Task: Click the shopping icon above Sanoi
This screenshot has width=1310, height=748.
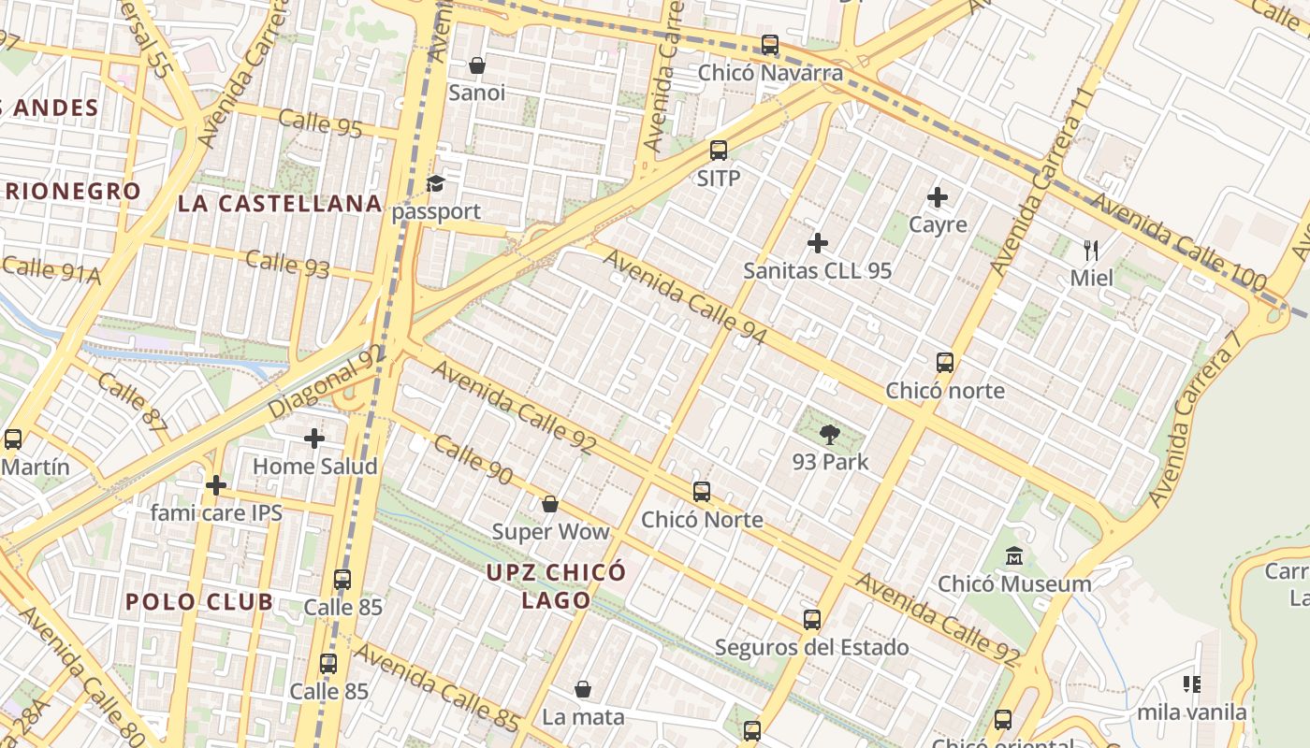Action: [477, 65]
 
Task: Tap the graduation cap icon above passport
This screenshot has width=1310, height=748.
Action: [435, 183]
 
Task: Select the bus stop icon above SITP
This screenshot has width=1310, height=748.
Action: [719, 150]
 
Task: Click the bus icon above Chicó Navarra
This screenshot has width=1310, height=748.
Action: [770, 44]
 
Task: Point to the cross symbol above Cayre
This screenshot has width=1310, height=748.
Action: [938, 197]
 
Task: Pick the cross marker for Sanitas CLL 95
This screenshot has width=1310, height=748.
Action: [818, 243]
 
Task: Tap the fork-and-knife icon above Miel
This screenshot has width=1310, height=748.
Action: [1090, 250]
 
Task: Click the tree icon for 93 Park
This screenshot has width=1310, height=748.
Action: [829, 434]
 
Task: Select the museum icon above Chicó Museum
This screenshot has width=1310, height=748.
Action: [1013, 557]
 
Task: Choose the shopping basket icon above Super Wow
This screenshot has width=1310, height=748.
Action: [550, 504]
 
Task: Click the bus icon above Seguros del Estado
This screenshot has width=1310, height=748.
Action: [811, 619]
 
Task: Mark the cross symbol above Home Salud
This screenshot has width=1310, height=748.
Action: [314, 438]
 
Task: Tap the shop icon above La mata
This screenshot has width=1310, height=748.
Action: [583, 689]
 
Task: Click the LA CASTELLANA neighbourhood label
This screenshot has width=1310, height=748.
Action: [280, 203]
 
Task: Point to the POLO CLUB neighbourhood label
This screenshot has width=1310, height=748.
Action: [199, 601]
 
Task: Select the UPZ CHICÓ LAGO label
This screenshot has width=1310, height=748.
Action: [556, 585]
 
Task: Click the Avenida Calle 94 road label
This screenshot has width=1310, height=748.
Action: [686, 296]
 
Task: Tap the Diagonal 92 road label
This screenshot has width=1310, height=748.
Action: [326, 382]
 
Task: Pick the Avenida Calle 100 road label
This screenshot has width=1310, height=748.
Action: [1178, 242]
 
